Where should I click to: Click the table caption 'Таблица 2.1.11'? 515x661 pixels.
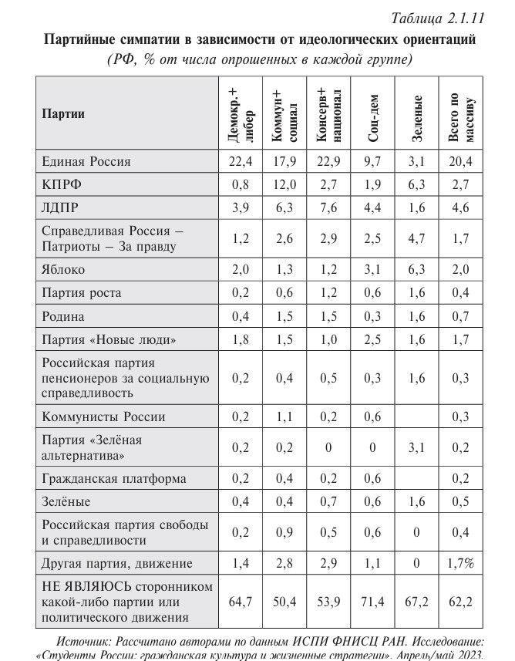coord(437,18)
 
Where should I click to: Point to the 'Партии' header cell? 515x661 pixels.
coord(62,114)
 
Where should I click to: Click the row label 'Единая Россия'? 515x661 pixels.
coord(86,162)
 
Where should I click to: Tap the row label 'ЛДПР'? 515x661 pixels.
coord(60,208)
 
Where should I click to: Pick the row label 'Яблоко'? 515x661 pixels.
coord(63,270)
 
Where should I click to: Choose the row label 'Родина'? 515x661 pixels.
coord(62,316)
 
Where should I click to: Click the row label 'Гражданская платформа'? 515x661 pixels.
coord(113,478)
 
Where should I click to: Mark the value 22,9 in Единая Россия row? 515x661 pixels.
coord(328,162)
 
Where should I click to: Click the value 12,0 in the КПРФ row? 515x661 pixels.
coord(284,185)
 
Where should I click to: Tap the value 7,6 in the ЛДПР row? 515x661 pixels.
coord(328,208)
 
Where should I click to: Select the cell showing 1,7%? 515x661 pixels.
coord(460,563)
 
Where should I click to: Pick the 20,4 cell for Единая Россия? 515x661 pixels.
coord(460,162)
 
